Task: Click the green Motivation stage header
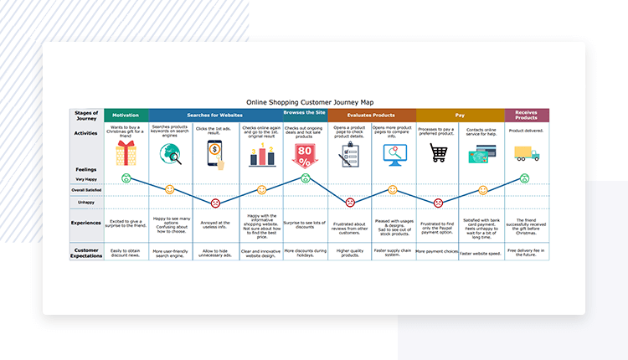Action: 126,115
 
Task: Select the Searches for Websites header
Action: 215,115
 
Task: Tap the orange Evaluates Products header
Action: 371,115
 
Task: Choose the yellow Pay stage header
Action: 460,115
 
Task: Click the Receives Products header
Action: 527,115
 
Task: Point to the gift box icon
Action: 126,153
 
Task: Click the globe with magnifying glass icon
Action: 170,154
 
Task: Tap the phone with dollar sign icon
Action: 215,153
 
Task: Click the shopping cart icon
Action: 438,153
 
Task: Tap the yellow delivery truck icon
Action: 527,154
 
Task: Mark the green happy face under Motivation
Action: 126,178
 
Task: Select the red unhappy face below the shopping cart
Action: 438,203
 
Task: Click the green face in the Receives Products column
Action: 525,178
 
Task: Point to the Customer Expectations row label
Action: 86,252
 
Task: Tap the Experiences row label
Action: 86,223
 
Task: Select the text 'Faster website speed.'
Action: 482,251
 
